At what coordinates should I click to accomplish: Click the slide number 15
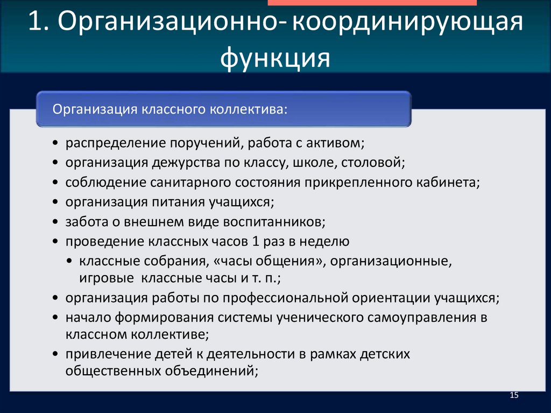pos(513,396)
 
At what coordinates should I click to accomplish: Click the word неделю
pos(326,241)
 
